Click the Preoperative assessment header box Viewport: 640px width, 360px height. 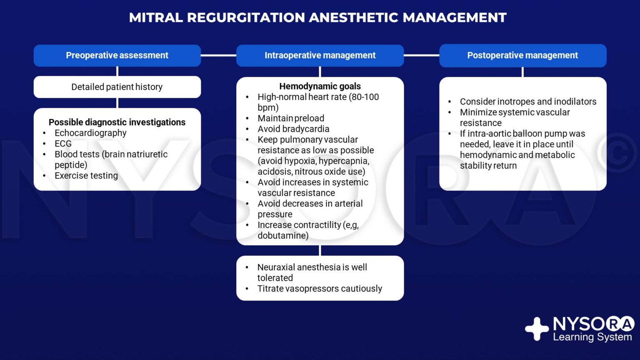[x=117, y=55]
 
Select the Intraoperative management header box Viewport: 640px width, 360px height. [x=320, y=55]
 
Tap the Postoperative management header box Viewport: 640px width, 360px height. [x=522, y=55]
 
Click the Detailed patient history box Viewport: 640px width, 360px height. [x=117, y=87]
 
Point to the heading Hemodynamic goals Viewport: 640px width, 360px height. [x=320, y=86]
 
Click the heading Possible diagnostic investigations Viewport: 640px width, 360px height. [x=117, y=122]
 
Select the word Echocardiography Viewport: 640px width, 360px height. [x=90, y=133]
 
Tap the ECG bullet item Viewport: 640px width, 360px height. [x=63, y=144]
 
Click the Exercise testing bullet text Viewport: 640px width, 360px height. [x=86, y=175]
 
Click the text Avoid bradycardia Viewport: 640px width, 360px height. [x=293, y=129]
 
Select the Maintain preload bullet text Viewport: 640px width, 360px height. [x=291, y=118]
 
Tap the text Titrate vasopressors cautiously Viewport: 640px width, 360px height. [x=320, y=289]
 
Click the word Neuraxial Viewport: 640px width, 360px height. [x=276, y=267]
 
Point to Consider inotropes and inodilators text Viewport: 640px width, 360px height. [x=528, y=102]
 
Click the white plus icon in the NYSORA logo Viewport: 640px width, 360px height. [x=537, y=329]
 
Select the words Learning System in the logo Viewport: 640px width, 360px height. [x=592, y=337]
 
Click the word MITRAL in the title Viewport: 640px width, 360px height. [x=156, y=17]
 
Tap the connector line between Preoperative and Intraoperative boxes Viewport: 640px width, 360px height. [x=219, y=55]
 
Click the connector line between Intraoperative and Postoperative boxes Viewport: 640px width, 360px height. [x=421, y=55]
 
